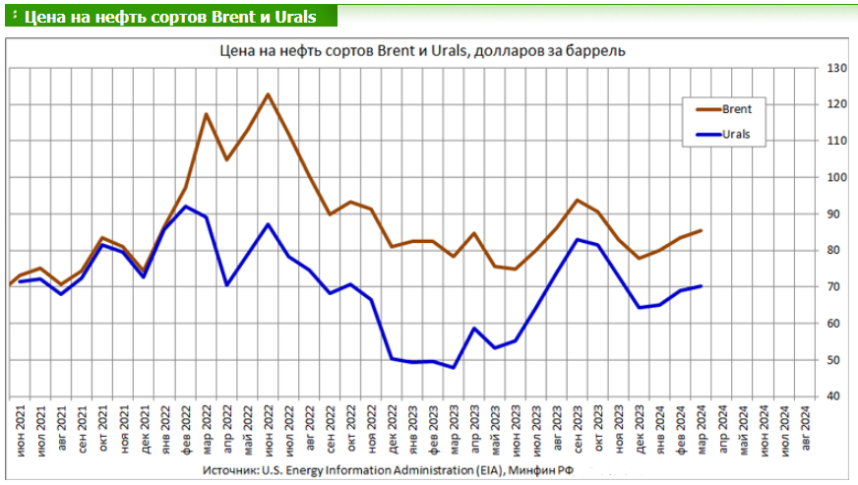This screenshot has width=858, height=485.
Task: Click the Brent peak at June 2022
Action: coord(268,94)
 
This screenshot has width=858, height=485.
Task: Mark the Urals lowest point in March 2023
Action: coord(453,367)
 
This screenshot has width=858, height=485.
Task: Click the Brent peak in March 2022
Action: coord(206,114)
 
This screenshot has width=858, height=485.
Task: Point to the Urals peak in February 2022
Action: coord(186,206)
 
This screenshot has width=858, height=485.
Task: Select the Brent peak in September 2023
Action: coord(577,200)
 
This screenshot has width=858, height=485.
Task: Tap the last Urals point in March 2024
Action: coord(700,286)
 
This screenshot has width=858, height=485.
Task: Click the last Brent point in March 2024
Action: coord(700,231)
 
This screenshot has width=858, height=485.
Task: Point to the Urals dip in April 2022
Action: coord(226,285)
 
